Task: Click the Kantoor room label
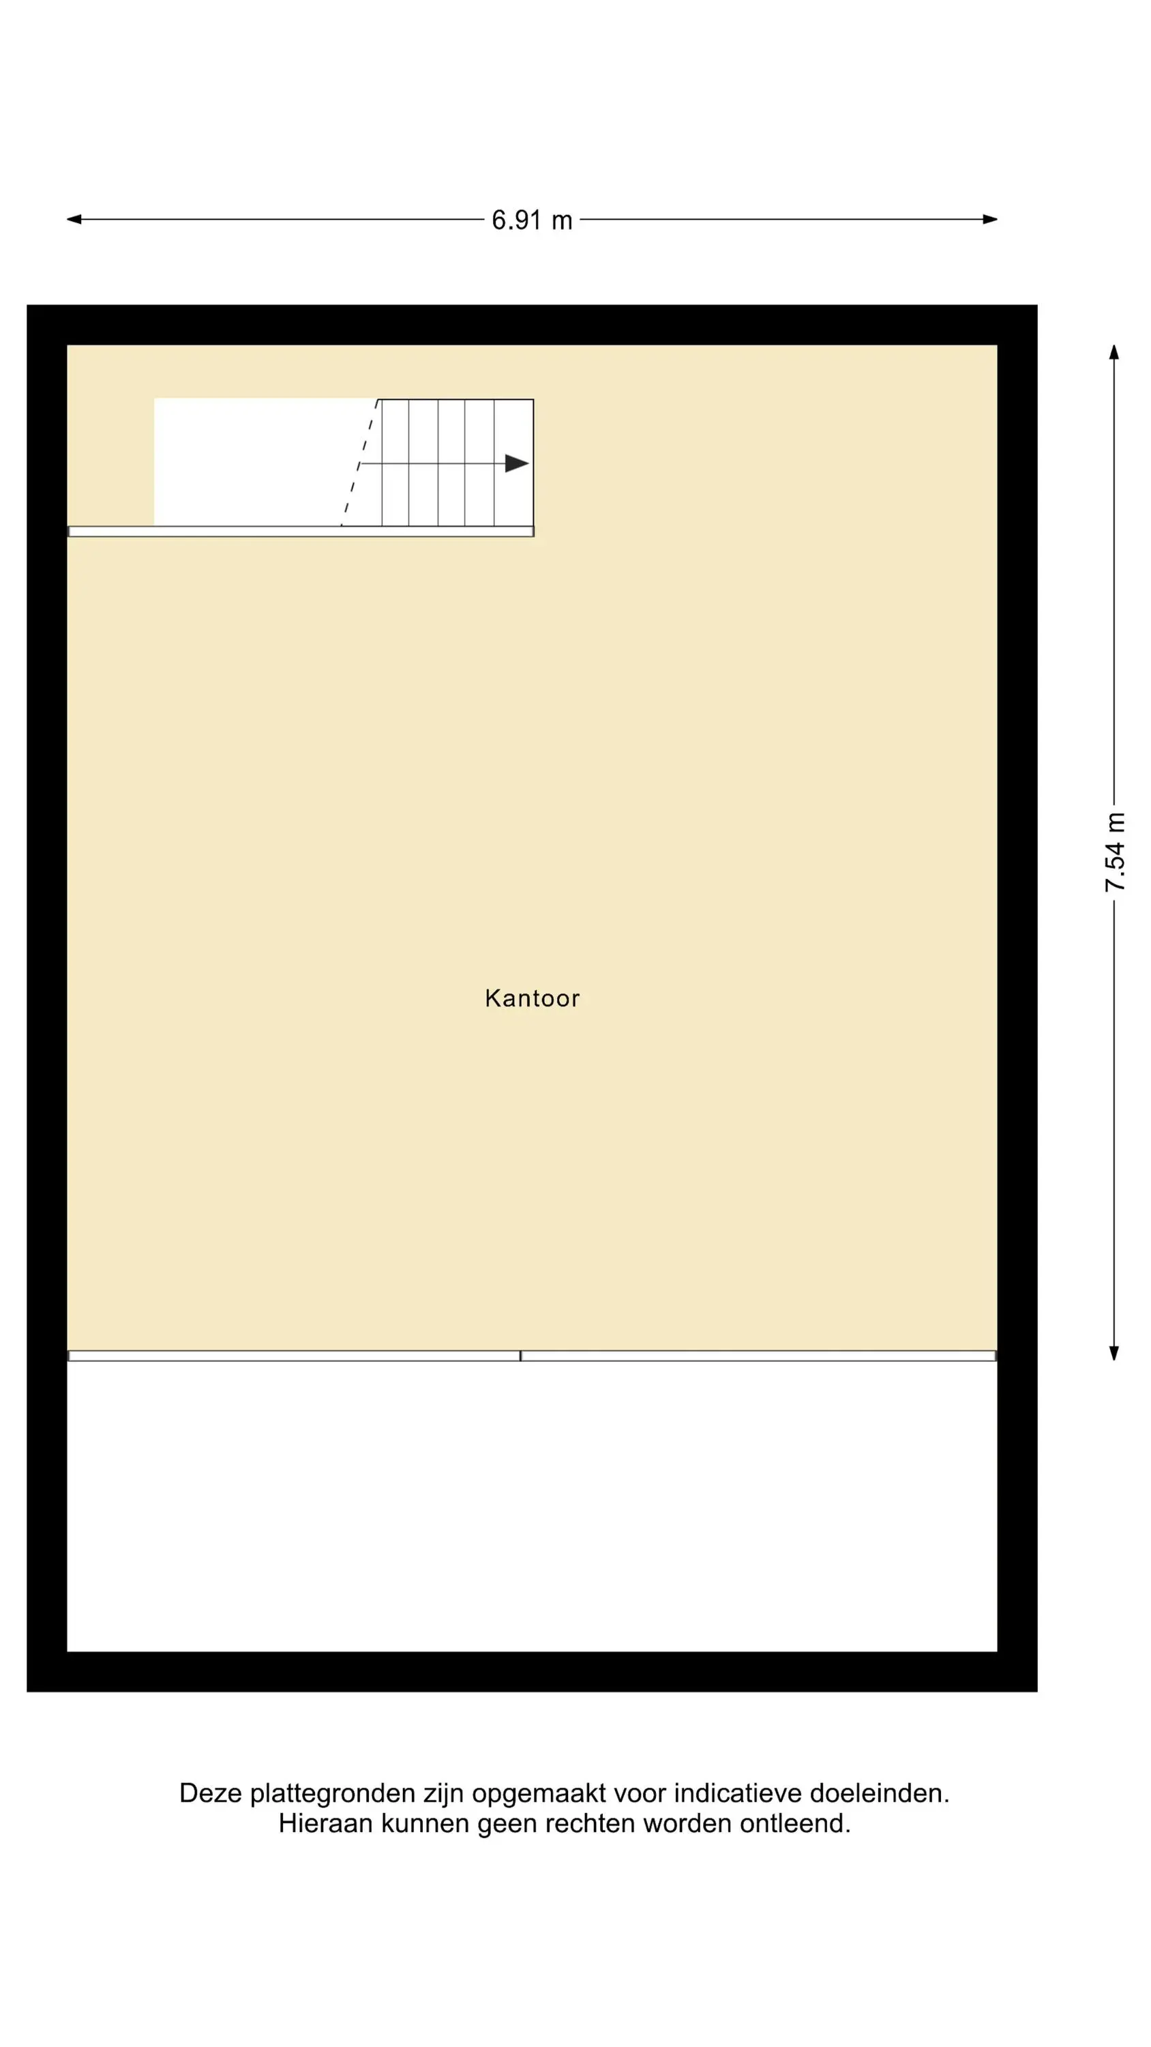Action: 533,998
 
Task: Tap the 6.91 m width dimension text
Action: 533,220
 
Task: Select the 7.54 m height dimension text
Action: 1116,852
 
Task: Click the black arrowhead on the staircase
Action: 517,463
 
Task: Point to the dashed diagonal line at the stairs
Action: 360,463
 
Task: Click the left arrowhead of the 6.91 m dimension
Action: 74,219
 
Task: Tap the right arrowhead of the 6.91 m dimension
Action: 990,219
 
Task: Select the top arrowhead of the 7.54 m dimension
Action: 1114,352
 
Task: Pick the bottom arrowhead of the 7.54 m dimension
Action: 1114,1353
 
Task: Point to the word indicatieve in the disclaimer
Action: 738,1793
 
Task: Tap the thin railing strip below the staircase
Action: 301,532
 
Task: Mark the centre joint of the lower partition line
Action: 521,1356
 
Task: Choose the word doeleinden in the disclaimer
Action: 880,1793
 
